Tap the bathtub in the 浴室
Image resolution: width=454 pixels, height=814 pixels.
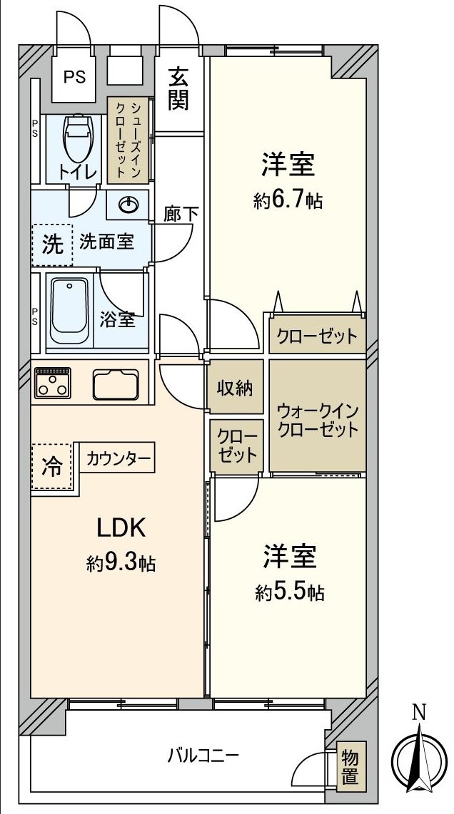69,311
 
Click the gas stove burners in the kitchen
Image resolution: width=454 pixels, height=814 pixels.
53,382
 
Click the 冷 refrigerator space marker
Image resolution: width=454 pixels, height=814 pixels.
52,468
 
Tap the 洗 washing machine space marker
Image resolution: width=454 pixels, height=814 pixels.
52,244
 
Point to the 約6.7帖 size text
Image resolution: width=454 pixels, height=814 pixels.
288,201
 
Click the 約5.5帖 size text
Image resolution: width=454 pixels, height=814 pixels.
290,591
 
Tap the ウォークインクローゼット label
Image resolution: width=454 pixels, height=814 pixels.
317,421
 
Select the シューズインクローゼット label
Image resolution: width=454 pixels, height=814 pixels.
128,140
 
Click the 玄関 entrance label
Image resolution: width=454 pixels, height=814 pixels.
178,88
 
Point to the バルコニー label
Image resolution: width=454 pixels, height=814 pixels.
203,754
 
